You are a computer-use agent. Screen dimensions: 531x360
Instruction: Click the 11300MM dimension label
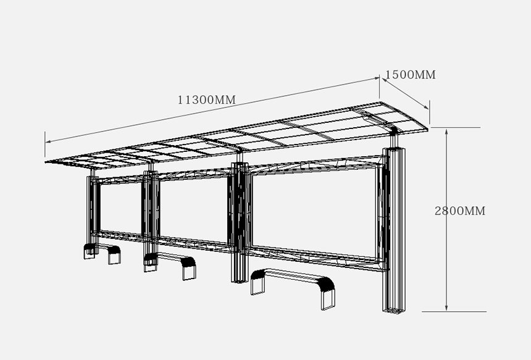coord(207,99)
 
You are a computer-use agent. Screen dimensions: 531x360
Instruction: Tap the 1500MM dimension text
coord(411,75)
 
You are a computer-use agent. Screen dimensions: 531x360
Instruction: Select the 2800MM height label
coord(460,211)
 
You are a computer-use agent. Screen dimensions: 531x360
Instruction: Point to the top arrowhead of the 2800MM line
coord(446,132)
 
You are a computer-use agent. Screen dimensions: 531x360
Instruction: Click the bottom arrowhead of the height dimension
coord(446,308)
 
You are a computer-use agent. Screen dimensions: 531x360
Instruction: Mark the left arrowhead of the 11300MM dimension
coord(48,141)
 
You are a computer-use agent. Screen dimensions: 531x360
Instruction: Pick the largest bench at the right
coord(293,288)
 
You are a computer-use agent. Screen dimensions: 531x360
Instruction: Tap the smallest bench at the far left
coord(102,253)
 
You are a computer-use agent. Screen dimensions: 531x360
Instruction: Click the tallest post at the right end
coord(394,230)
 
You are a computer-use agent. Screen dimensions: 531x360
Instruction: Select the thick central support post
coord(240,222)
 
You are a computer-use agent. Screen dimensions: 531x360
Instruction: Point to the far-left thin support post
coord(93,214)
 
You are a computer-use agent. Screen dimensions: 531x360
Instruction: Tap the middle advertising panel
coord(193,211)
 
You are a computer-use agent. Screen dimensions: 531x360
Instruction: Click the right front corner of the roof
coord(427,129)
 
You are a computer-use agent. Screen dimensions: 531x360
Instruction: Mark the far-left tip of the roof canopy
coord(46,162)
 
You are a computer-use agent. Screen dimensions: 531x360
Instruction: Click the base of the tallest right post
coord(394,310)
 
